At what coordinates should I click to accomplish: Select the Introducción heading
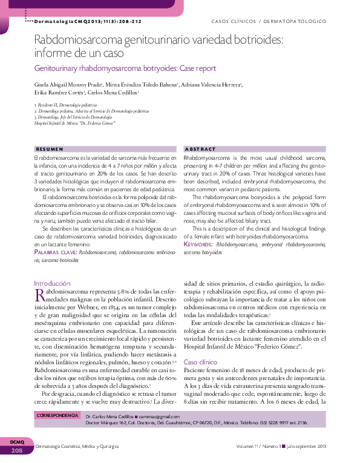pyautogui.click(x=52, y=283)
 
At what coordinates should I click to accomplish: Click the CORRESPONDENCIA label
pyautogui.click(x=58, y=416)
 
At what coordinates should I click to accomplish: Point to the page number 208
pyautogui.click(x=16, y=451)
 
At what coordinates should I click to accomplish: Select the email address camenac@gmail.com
pyautogui.click(x=159, y=416)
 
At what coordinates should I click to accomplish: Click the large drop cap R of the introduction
pyautogui.click(x=39, y=295)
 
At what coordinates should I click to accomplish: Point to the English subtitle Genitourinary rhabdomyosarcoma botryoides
pyautogui.click(x=125, y=68)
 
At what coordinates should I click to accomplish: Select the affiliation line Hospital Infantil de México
pyautogui.click(x=75, y=123)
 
